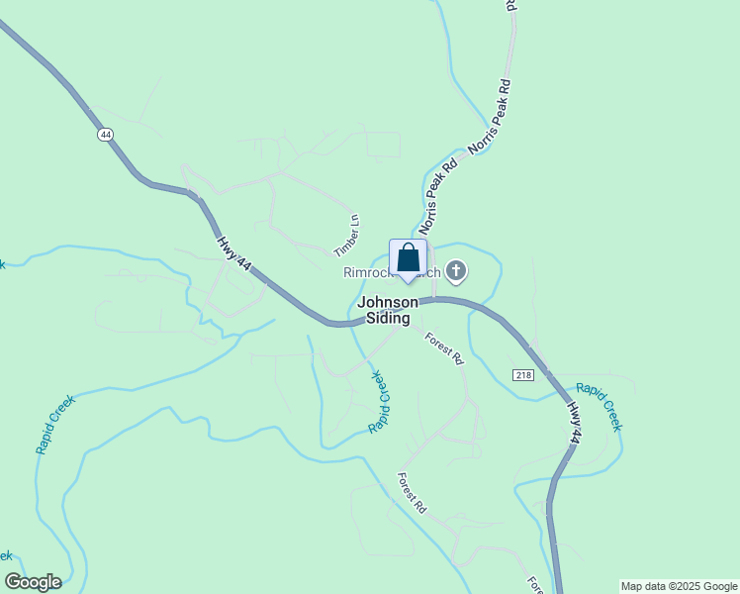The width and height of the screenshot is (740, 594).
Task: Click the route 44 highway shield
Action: pos(104,135)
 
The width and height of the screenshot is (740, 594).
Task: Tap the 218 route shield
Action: pos(523,374)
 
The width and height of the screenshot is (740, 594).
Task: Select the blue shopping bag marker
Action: pos(408,258)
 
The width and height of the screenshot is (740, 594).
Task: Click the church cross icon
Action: pos(456,270)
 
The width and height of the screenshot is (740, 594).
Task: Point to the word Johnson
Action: pos(387,302)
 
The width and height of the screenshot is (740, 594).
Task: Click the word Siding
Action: pos(387,318)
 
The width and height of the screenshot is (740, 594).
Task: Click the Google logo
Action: pos(33,582)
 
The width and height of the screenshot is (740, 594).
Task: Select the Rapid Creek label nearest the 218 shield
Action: pos(599,407)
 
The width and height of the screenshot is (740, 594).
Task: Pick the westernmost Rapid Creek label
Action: pos(55,425)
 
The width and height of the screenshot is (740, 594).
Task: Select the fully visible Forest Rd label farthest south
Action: pos(412,492)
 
